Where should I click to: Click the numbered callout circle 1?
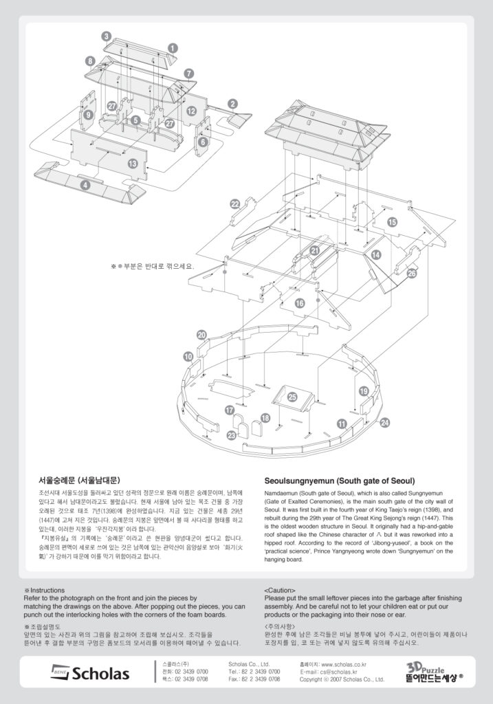[x=173, y=47]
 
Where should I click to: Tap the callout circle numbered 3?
[x=106, y=36]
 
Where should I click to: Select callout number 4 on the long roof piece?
[x=85, y=184]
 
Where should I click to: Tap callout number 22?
[x=235, y=203]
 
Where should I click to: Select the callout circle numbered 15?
[x=392, y=222]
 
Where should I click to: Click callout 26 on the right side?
[x=412, y=273]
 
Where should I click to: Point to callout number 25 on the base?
[x=292, y=397]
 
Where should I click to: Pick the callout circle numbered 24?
[x=384, y=422]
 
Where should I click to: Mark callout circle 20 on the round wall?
[x=201, y=335]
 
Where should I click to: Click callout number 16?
[x=300, y=302]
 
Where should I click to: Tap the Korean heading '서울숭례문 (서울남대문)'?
[x=79, y=481]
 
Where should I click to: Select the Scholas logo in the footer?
[x=90, y=673]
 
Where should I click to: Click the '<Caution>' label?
[x=280, y=590]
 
